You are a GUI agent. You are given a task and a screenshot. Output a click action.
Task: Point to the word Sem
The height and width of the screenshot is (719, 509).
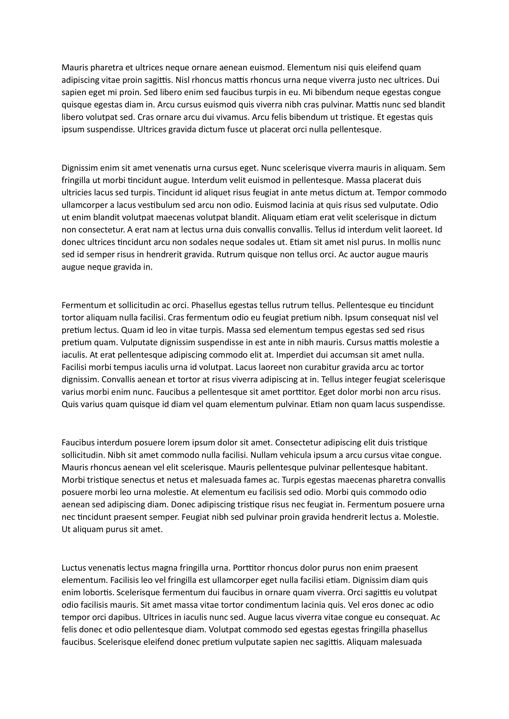point(437,168)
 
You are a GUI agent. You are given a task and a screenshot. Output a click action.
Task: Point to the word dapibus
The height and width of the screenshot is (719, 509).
point(124,617)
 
